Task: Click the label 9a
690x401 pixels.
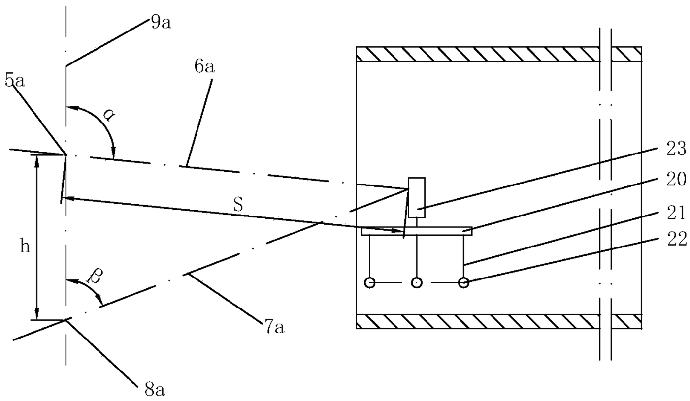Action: (x=161, y=23)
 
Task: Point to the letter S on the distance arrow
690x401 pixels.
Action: (x=238, y=206)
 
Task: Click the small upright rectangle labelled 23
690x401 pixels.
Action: (x=416, y=197)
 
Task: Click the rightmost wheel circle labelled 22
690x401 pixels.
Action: (x=463, y=282)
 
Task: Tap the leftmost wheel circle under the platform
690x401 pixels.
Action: (x=369, y=282)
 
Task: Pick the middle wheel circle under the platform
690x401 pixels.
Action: (x=417, y=282)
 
